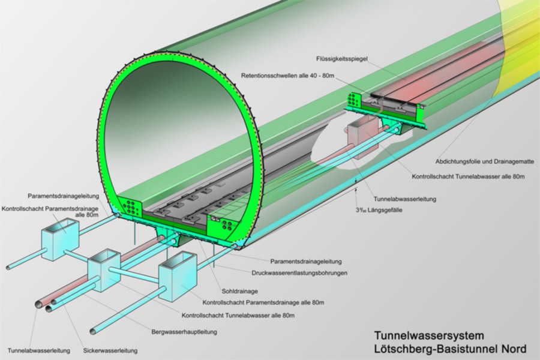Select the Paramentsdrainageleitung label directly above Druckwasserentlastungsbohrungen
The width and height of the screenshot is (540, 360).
click(x=305, y=262)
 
